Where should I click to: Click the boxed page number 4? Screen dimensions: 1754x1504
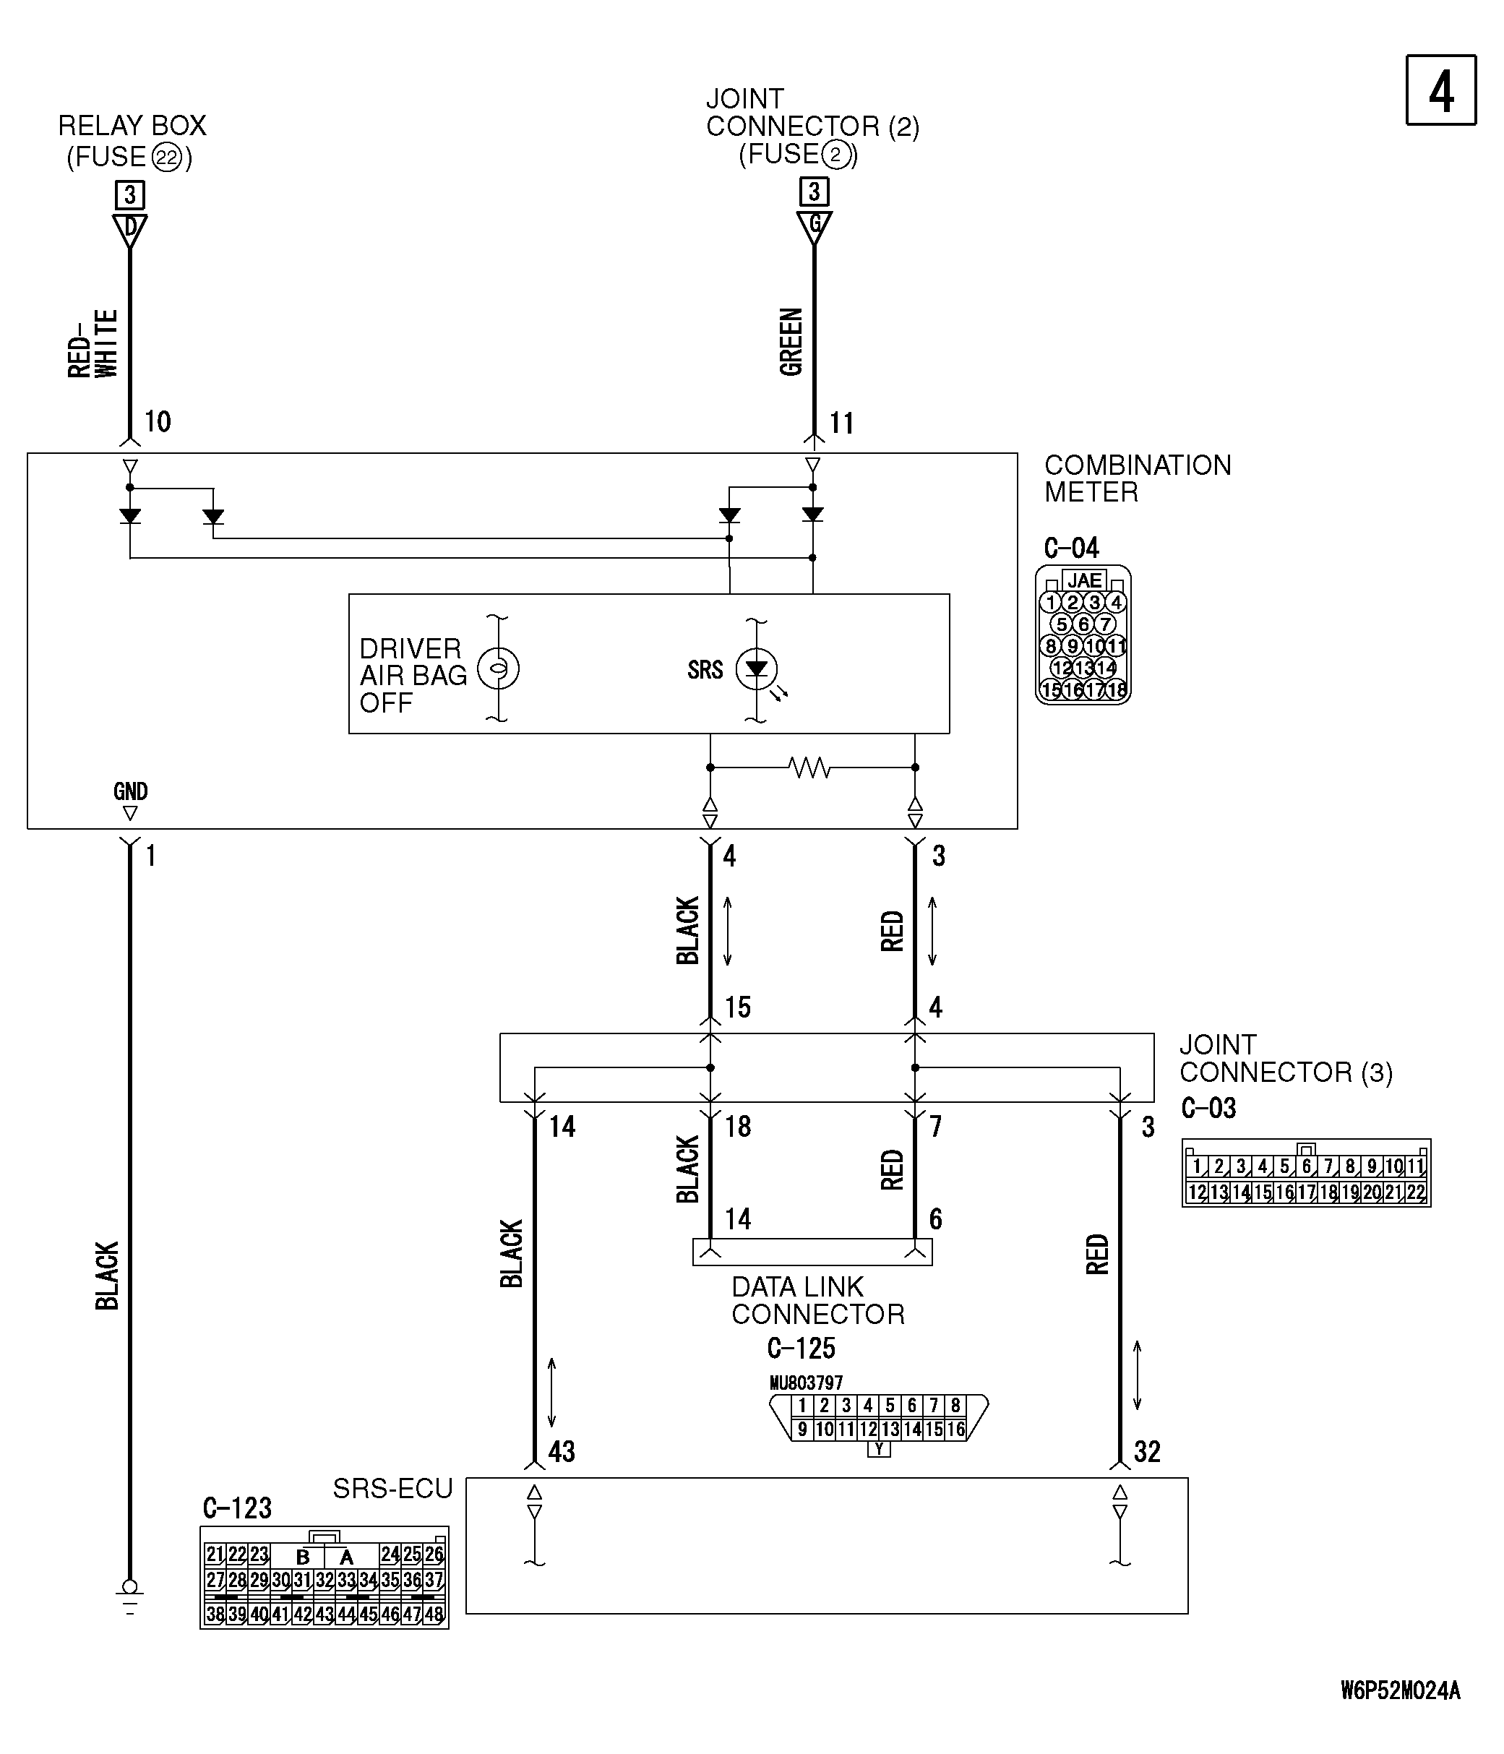1440,90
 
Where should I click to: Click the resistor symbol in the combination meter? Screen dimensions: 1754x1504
809,768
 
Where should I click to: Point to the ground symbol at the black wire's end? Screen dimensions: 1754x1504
129,1595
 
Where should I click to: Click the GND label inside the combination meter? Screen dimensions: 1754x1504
130,791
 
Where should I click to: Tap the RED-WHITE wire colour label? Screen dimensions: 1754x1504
93,343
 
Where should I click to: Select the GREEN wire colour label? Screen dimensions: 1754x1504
791,342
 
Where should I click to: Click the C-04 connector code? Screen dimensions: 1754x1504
1072,549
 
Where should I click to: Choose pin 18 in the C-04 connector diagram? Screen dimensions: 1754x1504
1117,690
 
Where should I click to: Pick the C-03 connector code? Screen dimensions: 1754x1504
1208,1108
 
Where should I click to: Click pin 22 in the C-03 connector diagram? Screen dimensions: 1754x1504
1416,1192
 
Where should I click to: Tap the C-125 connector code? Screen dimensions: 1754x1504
801,1348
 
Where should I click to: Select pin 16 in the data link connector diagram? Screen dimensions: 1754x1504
955,1430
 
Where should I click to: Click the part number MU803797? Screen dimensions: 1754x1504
806,1383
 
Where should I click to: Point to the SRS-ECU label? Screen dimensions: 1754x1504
392,1488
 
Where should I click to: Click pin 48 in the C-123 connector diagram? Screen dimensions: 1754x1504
434,1614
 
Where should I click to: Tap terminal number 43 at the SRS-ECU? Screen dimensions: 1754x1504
562,1452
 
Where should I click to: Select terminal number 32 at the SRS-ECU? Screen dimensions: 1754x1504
1147,1452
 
